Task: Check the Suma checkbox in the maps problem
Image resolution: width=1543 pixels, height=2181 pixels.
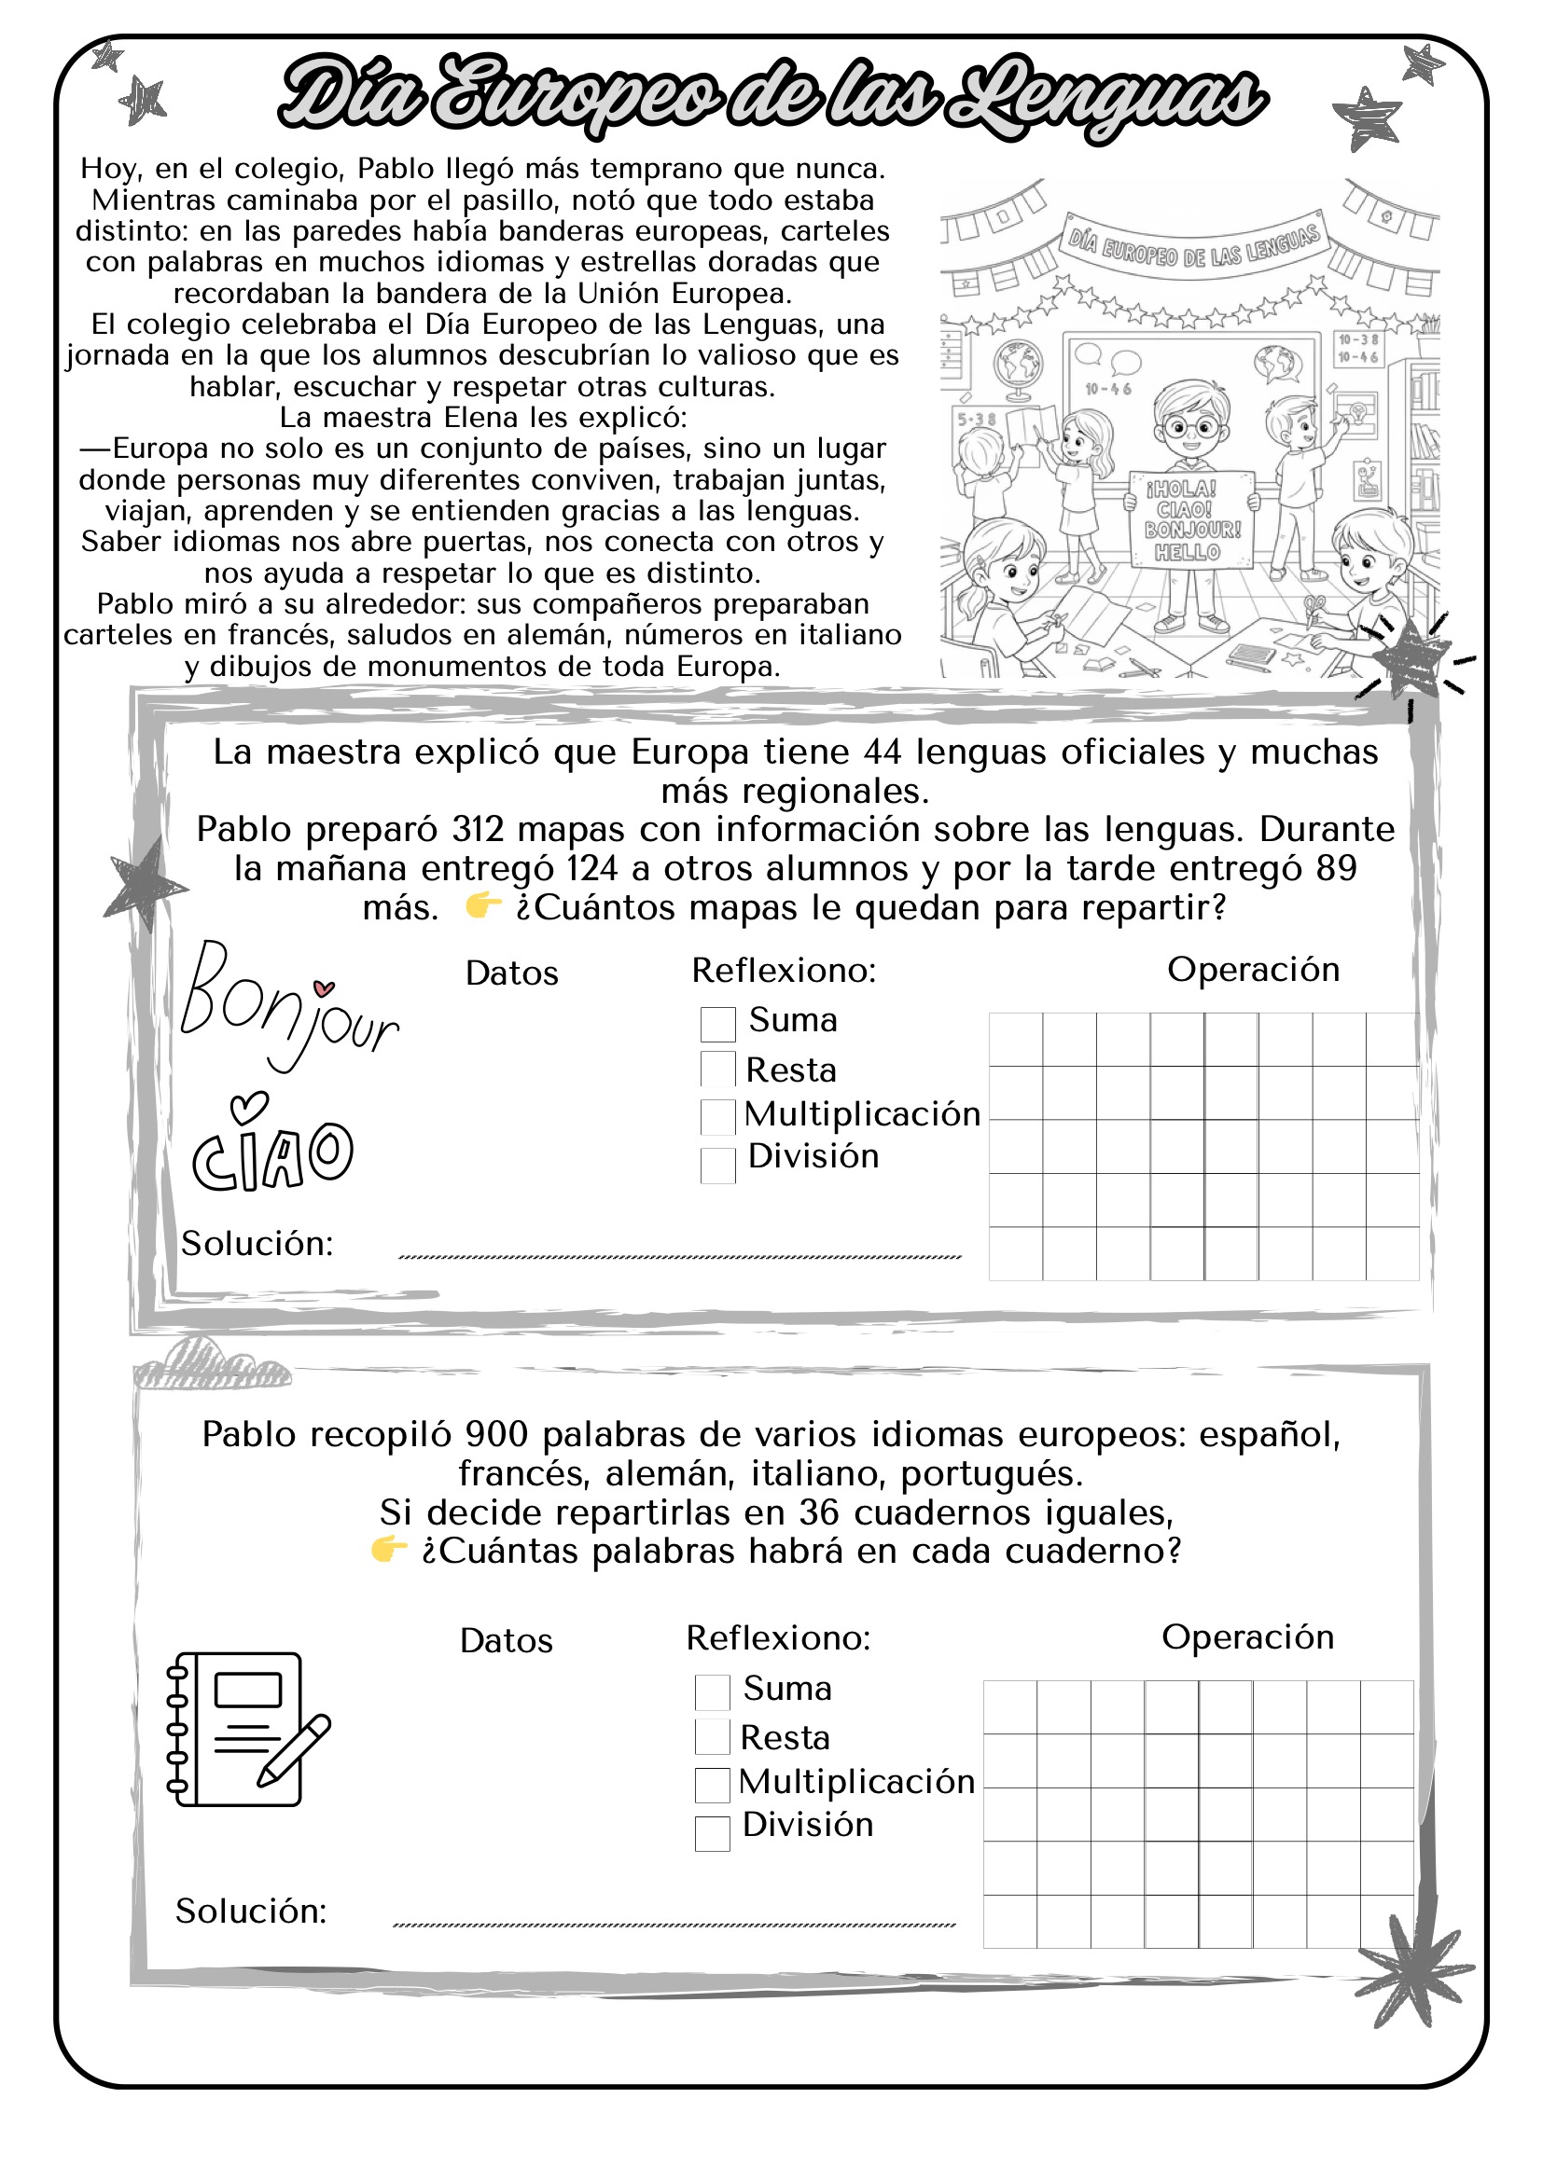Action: [717, 1024]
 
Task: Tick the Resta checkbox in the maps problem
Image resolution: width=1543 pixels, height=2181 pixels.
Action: [717, 1069]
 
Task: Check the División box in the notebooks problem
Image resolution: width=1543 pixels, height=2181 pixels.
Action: [712, 1833]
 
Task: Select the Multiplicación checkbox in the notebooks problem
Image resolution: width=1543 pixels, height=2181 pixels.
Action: [712, 1785]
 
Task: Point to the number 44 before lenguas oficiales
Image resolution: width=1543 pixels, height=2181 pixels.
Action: [883, 752]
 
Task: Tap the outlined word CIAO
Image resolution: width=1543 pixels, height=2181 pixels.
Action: [272, 1154]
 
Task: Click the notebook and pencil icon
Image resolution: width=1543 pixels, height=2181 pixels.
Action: [247, 1728]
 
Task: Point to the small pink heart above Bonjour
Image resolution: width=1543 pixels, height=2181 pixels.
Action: [324, 987]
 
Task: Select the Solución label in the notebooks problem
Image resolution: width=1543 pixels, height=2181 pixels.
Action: [251, 1912]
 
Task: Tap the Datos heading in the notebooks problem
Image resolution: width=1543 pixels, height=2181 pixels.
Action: [506, 1641]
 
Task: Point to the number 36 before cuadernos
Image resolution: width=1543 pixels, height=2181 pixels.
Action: [819, 1512]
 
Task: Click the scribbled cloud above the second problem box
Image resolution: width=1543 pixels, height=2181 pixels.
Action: [211, 1365]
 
